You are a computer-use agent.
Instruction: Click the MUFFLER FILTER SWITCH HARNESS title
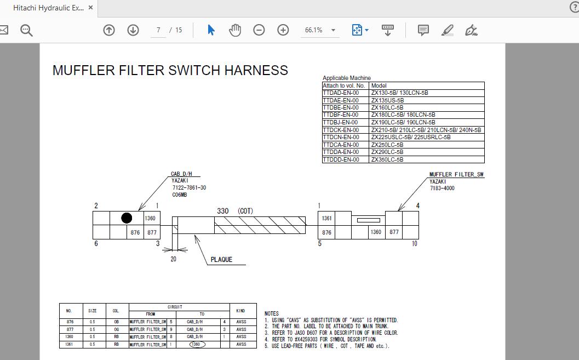coord(170,70)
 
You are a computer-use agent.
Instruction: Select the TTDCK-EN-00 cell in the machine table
coord(341,130)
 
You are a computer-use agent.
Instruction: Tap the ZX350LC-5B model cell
coord(387,159)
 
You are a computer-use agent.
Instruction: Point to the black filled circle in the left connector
coord(127,218)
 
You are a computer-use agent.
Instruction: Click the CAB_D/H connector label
coord(181,174)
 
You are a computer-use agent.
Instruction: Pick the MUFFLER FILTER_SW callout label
coord(456,175)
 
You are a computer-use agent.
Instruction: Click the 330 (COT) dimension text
coord(235,211)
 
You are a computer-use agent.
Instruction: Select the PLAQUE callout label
coord(221,260)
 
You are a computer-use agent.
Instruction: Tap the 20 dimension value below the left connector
coord(173,259)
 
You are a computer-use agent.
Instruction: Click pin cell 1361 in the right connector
coord(326,218)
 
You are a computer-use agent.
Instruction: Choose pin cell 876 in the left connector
coord(135,232)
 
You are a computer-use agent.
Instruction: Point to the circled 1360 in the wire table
coord(197,345)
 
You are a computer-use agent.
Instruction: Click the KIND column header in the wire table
coord(240,311)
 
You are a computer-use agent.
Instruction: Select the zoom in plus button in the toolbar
coord(283,30)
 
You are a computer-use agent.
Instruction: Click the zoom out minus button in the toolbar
coord(259,30)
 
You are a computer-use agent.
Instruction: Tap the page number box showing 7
coord(158,30)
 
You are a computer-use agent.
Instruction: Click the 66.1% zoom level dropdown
coord(320,30)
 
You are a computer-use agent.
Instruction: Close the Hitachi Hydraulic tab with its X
coord(91,8)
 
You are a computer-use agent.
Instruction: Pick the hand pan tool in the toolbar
coord(235,30)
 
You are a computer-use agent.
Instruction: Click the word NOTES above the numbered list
coord(272,313)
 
